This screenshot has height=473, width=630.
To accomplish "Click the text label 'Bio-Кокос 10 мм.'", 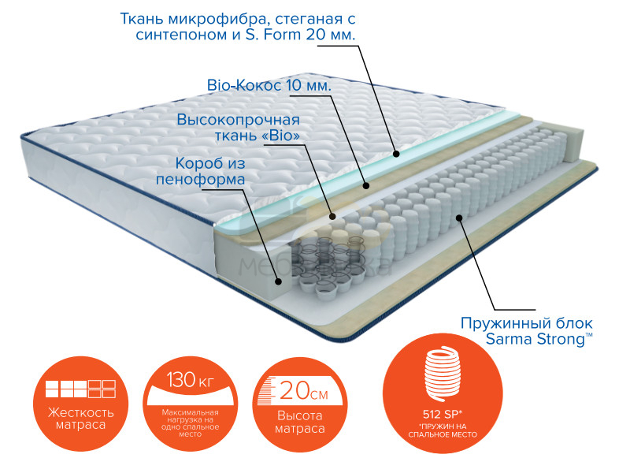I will pyautogui.click(x=268, y=84).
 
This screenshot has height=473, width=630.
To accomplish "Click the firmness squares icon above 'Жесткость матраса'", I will pyautogui.click(x=81, y=389).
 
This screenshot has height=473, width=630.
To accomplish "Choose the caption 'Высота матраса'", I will pyautogui.click(x=300, y=423).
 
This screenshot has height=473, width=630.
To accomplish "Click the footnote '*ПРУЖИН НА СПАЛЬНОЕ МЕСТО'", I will pyautogui.click(x=442, y=430).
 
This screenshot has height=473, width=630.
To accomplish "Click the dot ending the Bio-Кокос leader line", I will pyautogui.click(x=366, y=186).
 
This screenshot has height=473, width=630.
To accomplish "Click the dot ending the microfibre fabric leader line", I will pyautogui.click(x=397, y=155).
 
